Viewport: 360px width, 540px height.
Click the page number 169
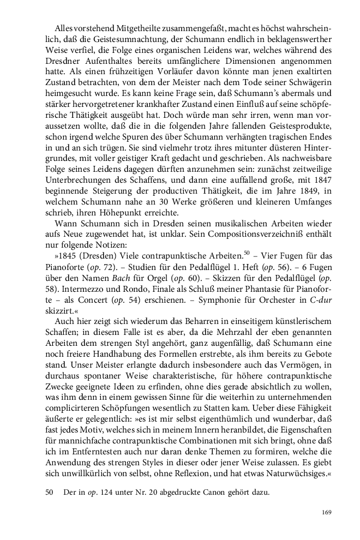click(x=327, y=512)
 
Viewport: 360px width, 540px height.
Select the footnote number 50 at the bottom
click(x=49, y=477)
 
